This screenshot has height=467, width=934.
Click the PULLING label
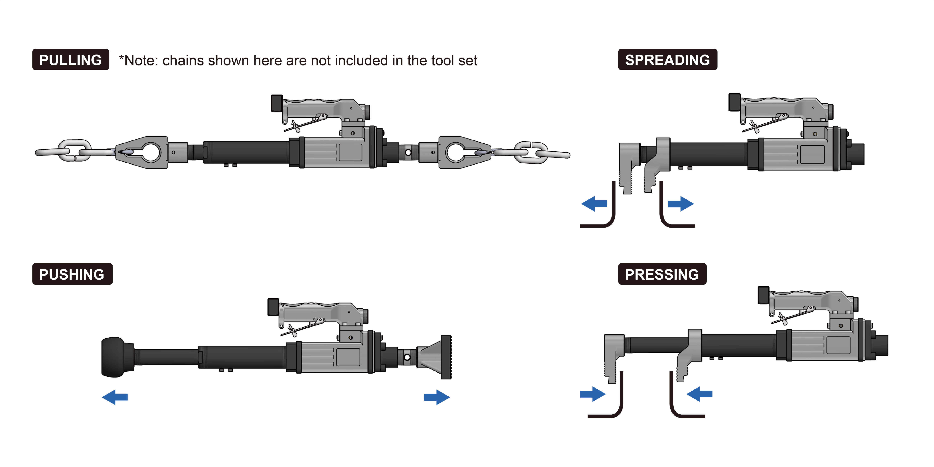click(x=71, y=60)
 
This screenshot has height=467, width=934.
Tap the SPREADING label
click(x=668, y=60)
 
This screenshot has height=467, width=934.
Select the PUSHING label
click(x=72, y=274)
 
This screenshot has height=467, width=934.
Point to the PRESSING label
click(x=662, y=274)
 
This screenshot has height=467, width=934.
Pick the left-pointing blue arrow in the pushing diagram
click(x=115, y=397)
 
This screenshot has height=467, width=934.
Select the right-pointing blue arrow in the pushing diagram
click(x=437, y=397)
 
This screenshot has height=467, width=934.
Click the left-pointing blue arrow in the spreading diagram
click(x=594, y=204)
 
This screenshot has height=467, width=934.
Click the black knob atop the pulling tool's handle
click(x=277, y=103)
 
